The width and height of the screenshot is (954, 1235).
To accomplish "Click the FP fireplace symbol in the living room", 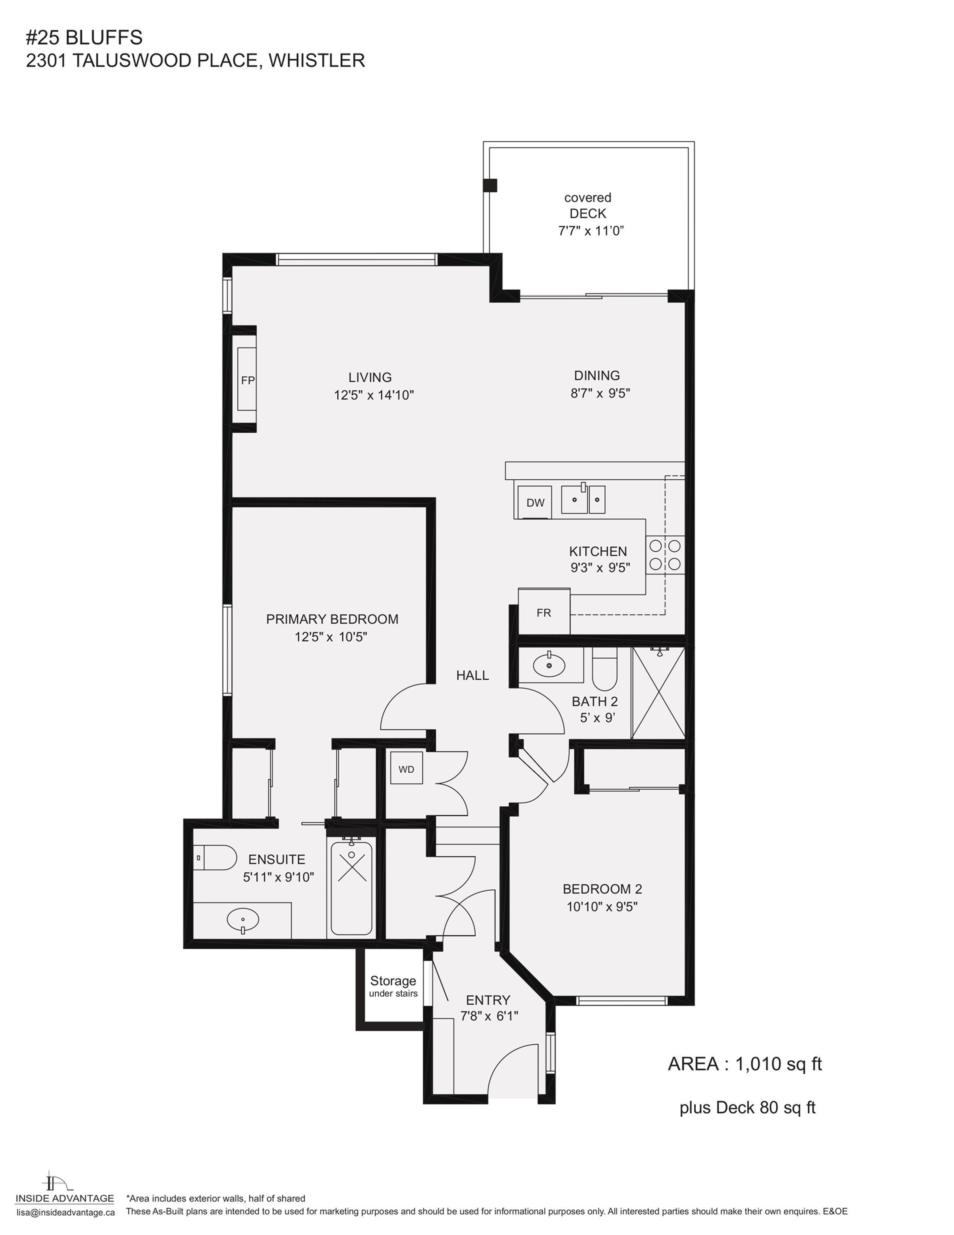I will pos(247,379).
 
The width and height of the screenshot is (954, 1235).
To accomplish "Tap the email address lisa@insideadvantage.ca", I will pos(65,1212).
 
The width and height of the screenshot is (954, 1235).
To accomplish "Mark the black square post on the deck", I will pos(490,185).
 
